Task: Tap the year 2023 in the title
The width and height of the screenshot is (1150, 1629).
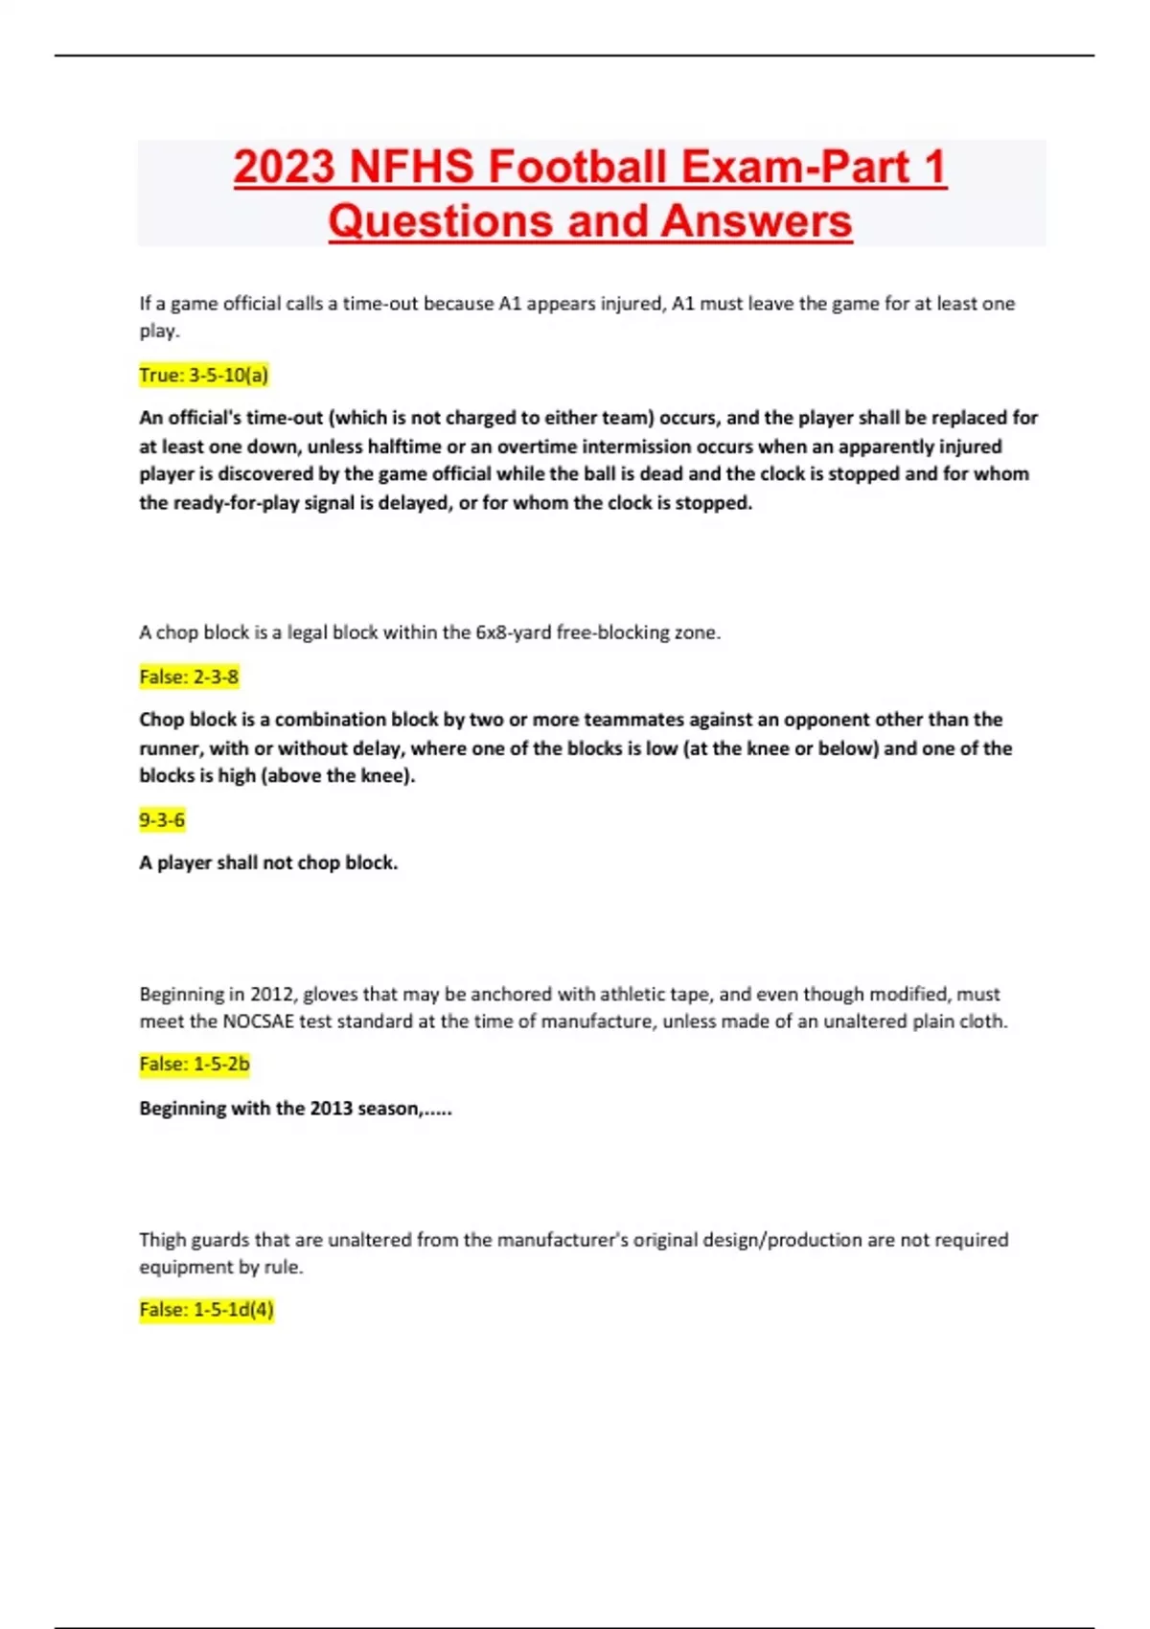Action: [x=285, y=167]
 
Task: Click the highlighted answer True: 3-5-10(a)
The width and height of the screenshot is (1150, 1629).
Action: [x=203, y=375]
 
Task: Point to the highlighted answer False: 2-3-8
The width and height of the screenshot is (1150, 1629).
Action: [x=189, y=677]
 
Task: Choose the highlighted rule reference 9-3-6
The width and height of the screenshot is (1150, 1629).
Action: [x=162, y=819]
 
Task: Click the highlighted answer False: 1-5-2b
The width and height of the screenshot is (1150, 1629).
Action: [x=195, y=1064]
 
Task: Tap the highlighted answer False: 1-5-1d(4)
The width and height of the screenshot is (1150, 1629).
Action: [x=206, y=1309]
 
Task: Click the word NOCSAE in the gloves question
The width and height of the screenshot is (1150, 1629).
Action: [x=258, y=1021]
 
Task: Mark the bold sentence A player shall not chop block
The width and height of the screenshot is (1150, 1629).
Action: [x=268, y=862]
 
